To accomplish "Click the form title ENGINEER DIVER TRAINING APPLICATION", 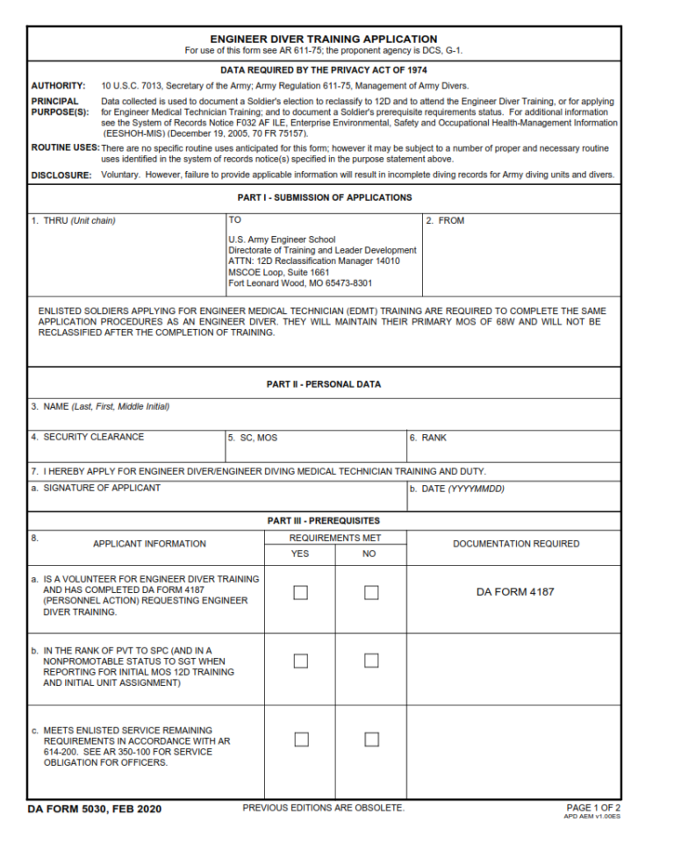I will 323,39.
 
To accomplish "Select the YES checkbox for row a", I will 300,592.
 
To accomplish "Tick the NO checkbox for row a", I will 371,592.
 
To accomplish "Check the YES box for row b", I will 300,661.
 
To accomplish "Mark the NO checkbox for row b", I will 371,661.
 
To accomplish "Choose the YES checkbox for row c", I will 300,739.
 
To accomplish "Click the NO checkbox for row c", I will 371,739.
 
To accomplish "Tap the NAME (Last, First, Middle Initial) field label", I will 100,407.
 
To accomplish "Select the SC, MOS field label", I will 253,438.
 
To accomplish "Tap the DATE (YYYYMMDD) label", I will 456,489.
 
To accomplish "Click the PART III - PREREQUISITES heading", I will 323,521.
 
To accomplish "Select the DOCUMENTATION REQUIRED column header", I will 515,544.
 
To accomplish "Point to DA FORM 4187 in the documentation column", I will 515,592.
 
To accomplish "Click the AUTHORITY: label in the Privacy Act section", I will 58,86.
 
